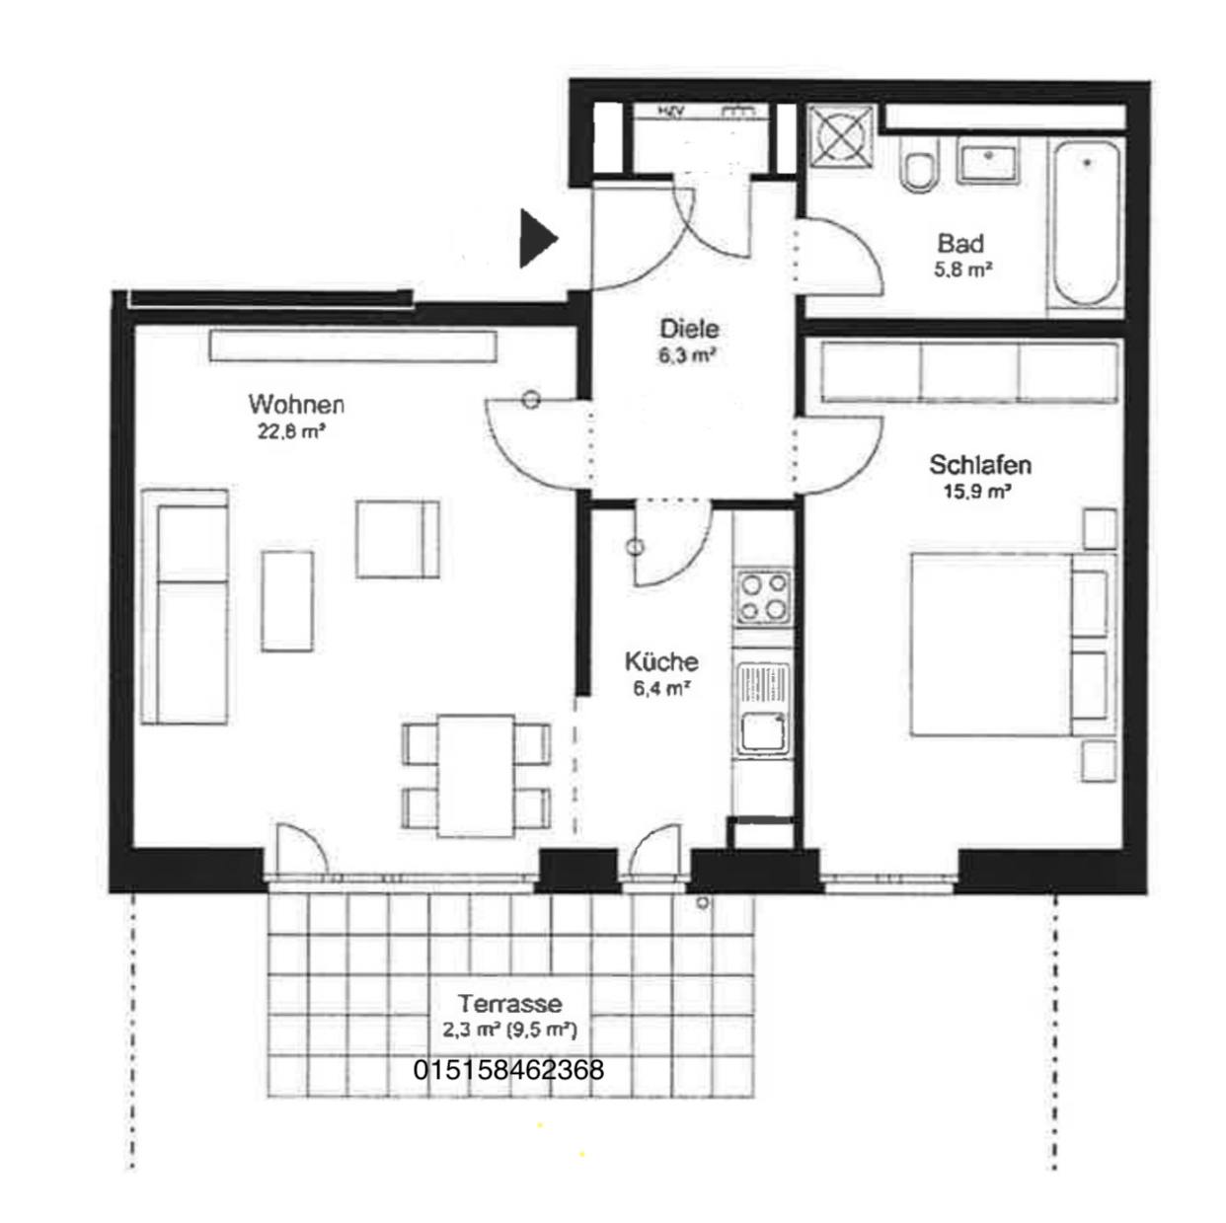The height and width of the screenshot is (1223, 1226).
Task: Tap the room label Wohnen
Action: pyautogui.click(x=296, y=404)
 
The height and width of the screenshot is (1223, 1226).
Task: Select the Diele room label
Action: pyautogui.click(x=690, y=329)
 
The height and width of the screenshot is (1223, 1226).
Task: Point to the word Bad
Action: pyautogui.click(x=960, y=243)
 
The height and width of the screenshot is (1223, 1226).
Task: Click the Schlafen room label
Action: pyautogui.click(x=980, y=465)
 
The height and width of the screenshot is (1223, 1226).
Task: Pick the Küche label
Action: pyautogui.click(x=661, y=661)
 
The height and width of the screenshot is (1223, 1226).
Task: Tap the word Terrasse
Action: pyautogui.click(x=510, y=1004)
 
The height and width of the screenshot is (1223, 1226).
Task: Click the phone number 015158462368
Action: pyautogui.click(x=508, y=1070)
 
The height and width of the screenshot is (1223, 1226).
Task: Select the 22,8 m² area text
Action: pyautogui.click(x=292, y=432)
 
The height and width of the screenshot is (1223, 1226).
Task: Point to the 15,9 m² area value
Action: pyautogui.click(x=978, y=492)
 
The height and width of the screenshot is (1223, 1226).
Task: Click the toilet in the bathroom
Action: pyautogui.click(x=921, y=164)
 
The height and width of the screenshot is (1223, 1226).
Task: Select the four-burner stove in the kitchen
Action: pyautogui.click(x=763, y=597)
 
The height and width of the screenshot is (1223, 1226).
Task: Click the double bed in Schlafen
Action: pyautogui.click(x=1013, y=645)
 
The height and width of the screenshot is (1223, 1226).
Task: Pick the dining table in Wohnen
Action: pyautogui.click(x=476, y=776)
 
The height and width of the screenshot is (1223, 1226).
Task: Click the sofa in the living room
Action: pyautogui.click(x=185, y=606)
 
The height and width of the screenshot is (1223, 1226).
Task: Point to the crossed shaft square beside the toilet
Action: pyautogui.click(x=840, y=136)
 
